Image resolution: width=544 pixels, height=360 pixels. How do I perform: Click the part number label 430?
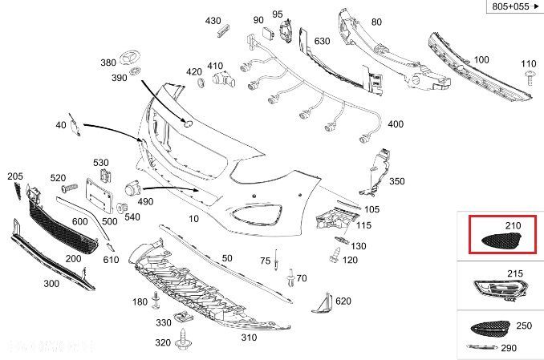213,20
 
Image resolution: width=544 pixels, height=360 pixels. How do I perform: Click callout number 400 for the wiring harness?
396,125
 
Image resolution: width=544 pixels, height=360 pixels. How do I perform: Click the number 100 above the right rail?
481,60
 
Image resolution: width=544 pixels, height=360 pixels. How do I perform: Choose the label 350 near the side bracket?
397,182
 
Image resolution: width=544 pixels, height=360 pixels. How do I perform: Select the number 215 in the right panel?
513,273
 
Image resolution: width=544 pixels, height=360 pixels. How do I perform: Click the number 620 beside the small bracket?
343,301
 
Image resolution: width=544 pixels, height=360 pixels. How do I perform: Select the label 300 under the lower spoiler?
51,284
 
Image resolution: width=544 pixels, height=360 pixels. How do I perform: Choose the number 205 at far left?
15,176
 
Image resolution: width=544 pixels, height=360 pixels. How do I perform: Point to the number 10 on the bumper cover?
194,219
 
